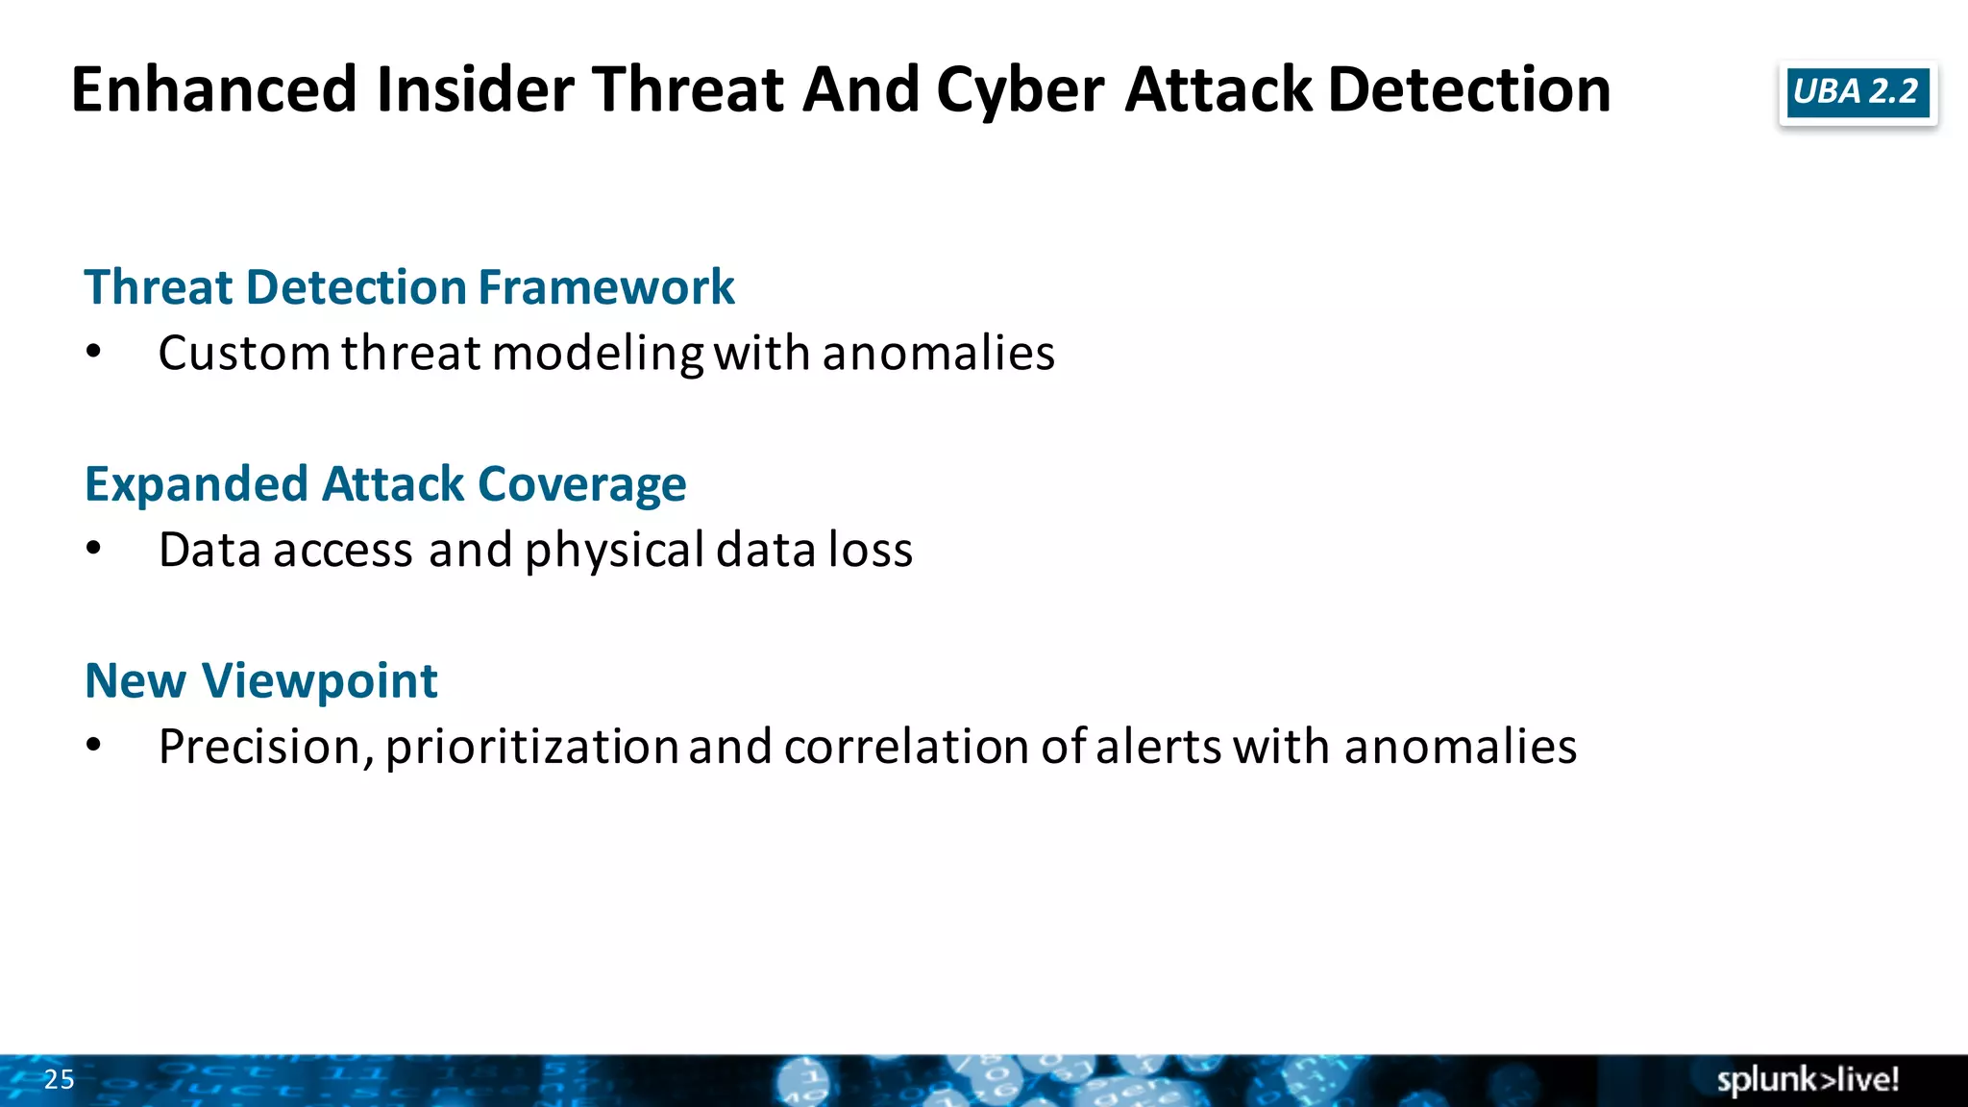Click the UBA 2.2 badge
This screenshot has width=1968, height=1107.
[1857, 92]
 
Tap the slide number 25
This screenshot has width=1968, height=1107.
[59, 1079]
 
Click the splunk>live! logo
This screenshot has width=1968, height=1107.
[1808, 1080]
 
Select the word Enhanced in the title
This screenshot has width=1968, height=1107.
[214, 89]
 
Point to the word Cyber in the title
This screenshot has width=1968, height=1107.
[1020, 91]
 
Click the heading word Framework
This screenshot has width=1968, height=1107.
[605, 287]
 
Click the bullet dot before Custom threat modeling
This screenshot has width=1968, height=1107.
[93, 352]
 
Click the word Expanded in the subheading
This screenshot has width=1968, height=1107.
[196, 485]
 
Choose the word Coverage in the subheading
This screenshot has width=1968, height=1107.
[581, 485]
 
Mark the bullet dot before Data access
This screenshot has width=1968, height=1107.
[93, 549]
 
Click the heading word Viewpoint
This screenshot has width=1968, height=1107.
[319, 681]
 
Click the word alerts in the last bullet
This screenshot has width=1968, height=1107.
[1158, 747]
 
